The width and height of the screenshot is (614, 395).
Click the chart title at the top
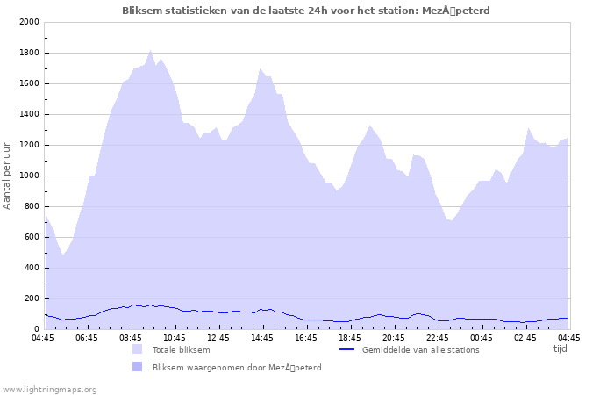[306, 11]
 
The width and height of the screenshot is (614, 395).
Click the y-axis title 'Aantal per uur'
[8, 175]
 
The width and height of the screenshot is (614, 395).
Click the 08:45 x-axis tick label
[131, 337]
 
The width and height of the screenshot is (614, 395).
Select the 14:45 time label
[262, 337]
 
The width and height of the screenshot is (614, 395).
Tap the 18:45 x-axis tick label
[350, 337]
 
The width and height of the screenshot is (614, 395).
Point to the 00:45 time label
[482, 337]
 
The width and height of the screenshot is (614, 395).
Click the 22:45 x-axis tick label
[438, 337]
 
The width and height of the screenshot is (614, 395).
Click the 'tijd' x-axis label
[560, 348]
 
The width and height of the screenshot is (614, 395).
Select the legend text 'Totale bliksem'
[181, 349]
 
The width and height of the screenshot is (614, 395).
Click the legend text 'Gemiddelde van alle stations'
[420, 349]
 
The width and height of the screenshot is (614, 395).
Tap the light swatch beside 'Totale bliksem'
[137, 349]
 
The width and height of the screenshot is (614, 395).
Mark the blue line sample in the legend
[346, 349]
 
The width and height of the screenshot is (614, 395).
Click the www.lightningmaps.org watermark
[49, 389]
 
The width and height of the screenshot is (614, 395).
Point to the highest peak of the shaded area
[151, 51]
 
